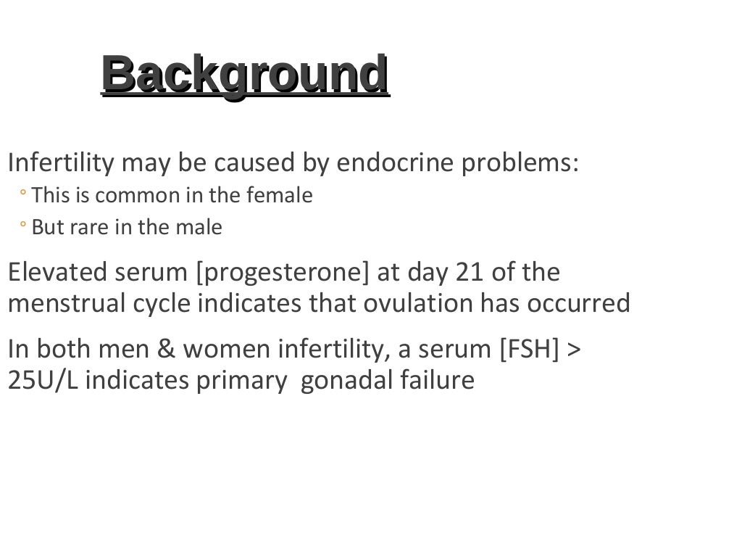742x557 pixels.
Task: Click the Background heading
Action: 244,74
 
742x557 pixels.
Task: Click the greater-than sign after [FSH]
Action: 573,350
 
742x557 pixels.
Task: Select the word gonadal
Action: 340,380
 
